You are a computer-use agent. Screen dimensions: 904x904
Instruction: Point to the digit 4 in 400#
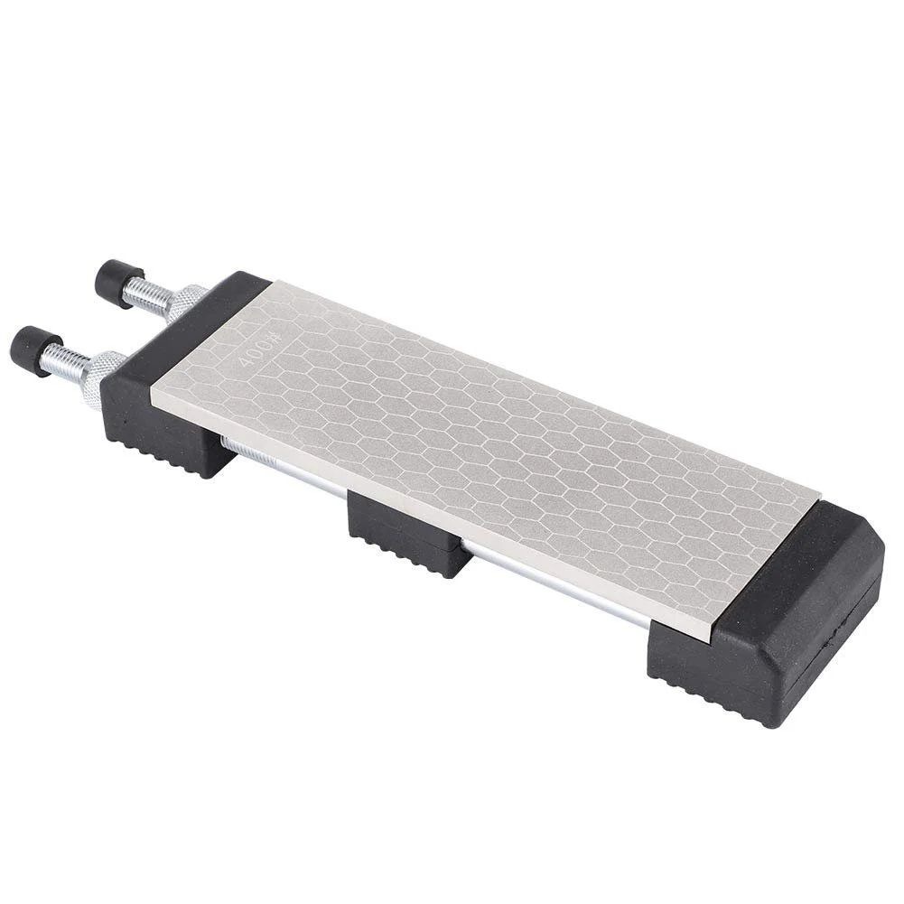coord(243,362)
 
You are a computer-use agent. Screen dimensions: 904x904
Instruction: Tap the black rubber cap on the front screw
coord(33,350)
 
